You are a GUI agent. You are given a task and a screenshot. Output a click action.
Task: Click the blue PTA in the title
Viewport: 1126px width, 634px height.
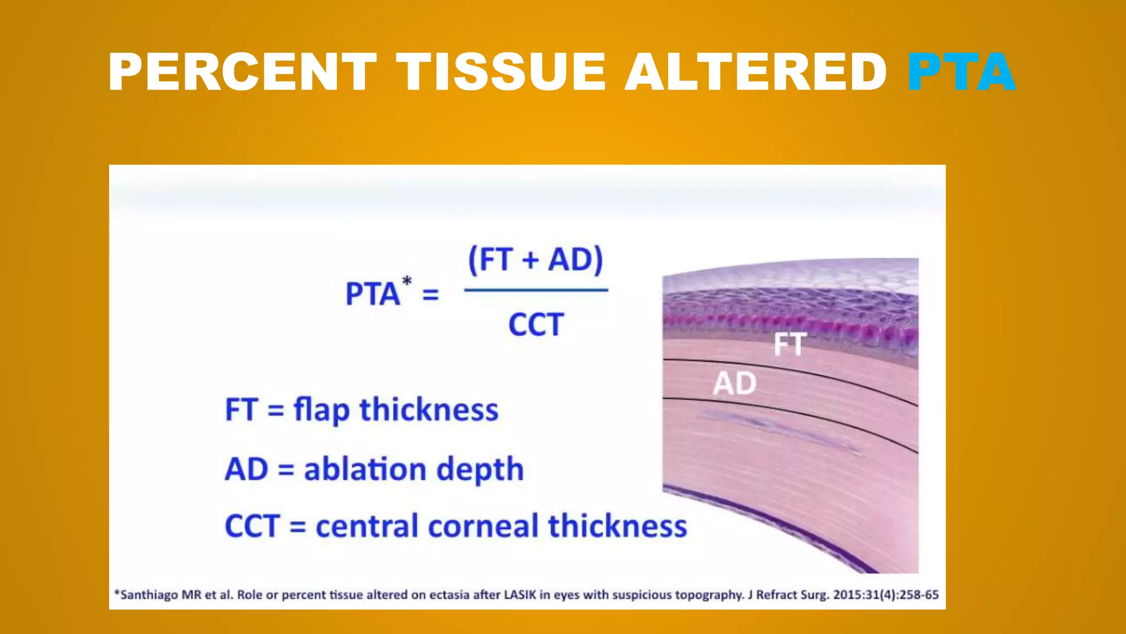click(x=961, y=72)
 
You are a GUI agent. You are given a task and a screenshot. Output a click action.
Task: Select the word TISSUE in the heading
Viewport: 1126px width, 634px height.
click(x=501, y=72)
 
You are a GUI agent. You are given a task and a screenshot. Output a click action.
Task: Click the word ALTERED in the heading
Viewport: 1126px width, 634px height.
click(x=756, y=72)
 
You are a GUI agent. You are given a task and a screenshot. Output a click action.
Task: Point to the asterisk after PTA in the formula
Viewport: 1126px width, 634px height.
click(x=407, y=281)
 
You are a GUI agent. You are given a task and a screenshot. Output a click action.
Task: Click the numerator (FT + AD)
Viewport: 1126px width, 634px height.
click(x=536, y=259)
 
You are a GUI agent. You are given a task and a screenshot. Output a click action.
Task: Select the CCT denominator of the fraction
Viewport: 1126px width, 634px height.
click(x=536, y=324)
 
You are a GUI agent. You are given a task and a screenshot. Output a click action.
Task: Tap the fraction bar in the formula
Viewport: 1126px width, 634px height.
click(x=536, y=290)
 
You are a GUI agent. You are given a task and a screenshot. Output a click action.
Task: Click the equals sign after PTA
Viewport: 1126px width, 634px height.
click(x=430, y=295)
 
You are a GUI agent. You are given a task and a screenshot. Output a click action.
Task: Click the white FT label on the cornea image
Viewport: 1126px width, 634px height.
click(x=790, y=345)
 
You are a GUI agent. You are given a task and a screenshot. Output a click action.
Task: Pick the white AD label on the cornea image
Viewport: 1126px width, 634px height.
click(x=735, y=383)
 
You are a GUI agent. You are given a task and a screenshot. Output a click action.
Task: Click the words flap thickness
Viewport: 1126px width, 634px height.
click(x=396, y=410)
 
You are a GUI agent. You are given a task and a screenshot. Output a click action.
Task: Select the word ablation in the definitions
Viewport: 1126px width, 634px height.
click(x=365, y=469)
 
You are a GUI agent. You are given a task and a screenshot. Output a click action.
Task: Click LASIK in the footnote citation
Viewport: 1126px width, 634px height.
click(x=520, y=595)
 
